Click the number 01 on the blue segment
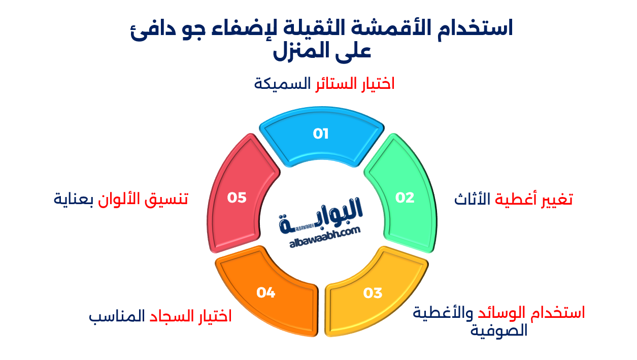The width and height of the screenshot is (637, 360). click(321, 134)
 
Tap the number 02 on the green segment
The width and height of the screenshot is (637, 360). click(405, 198)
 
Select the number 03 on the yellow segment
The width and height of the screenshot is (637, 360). click(373, 293)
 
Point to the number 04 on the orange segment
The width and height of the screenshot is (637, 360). click(265, 292)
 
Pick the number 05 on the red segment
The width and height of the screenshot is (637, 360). click(237, 198)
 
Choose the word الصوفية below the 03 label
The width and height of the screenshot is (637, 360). click(499, 332)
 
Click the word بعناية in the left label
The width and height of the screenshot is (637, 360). click(74, 199)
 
